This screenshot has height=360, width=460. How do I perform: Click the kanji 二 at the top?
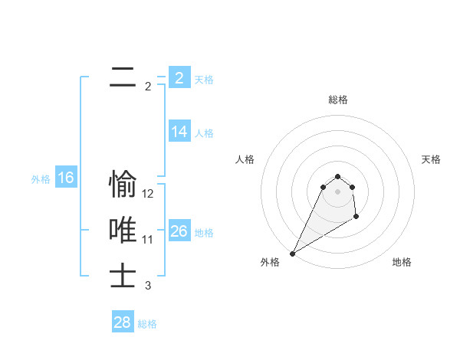(123, 77)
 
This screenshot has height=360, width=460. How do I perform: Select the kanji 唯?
(123, 231)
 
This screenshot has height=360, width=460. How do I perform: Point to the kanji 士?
(123, 277)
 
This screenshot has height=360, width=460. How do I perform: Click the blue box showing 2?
(179, 77)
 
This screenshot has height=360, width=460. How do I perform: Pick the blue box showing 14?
(179, 131)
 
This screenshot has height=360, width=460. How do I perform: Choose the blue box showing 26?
(179, 231)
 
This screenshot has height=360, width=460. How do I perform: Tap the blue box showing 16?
(65, 178)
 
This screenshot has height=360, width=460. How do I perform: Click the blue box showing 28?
(123, 322)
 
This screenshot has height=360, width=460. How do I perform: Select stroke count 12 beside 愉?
(148, 194)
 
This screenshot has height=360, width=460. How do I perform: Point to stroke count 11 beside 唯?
(148, 240)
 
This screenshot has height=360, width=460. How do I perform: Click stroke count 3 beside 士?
(148, 286)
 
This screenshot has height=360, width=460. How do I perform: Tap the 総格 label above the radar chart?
(338, 100)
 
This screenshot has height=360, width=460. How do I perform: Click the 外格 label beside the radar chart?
(270, 262)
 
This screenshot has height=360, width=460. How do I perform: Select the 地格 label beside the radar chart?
(402, 262)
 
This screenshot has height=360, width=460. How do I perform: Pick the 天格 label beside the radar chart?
(431, 159)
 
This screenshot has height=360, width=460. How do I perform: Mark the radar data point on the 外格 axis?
(292, 254)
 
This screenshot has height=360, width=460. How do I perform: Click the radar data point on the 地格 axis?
(356, 218)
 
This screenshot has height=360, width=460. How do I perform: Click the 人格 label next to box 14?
(204, 133)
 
